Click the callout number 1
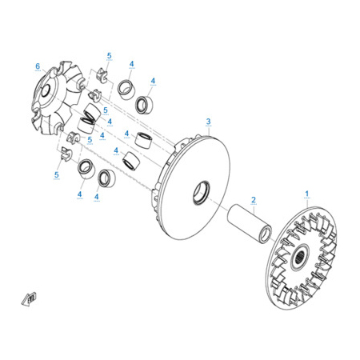306,194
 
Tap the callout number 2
254,200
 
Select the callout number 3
208,122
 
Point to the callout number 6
38,66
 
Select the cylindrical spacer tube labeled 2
250,223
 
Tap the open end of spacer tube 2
266,234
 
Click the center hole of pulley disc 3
202,193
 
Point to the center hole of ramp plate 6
46,91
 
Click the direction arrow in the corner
29,299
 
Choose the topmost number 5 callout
109,56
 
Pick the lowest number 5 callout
56,175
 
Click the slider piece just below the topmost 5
102,74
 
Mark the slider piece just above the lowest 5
66,154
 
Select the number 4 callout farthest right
153,81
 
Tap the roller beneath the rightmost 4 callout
144,105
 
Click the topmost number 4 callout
131,64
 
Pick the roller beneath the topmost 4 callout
126,90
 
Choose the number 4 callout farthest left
79,194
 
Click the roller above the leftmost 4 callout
86,169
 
